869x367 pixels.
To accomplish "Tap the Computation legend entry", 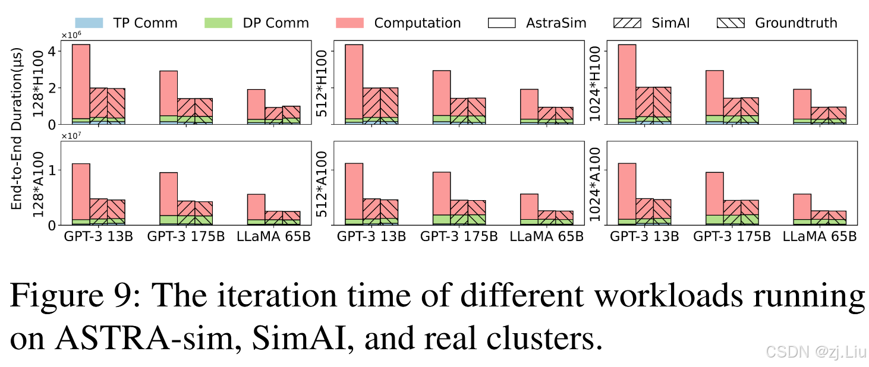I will tap(398, 23).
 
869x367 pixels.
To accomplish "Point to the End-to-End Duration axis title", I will tap(16, 129).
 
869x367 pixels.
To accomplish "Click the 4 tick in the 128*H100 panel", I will tap(53, 52).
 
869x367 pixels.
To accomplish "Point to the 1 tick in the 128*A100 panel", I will tap(53, 170).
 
